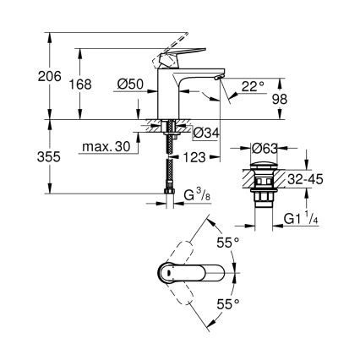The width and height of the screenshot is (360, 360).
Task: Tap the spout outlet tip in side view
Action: tap(219, 78)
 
